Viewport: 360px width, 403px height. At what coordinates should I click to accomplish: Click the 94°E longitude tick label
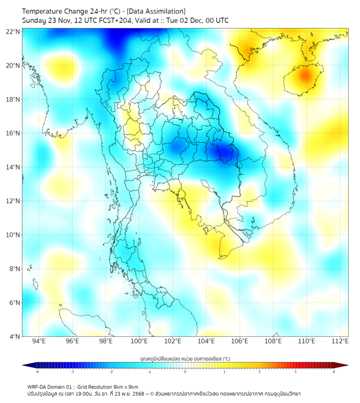39,341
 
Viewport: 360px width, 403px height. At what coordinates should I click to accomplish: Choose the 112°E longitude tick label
340,341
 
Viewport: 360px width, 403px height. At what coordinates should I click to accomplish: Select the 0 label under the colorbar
185,372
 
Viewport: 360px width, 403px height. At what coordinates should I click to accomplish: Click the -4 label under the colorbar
37,372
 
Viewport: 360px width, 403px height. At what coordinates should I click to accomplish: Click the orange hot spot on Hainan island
304,76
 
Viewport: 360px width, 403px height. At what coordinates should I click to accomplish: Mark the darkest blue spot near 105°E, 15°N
224,154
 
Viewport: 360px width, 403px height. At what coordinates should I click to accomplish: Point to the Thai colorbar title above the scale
185,358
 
